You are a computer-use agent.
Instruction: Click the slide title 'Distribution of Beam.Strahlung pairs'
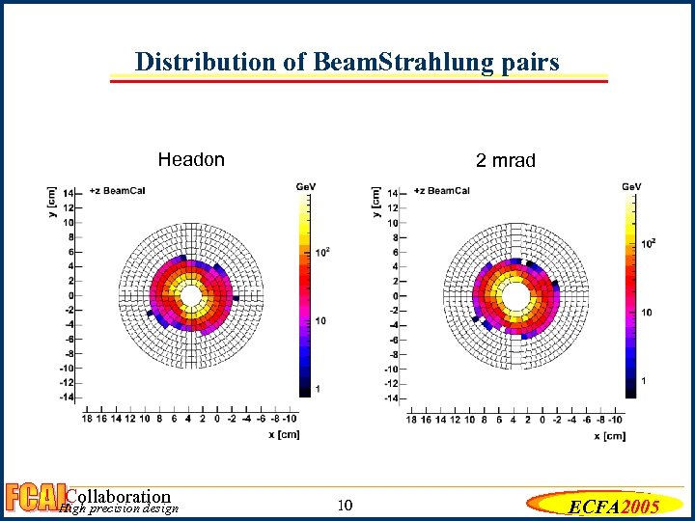(347, 63)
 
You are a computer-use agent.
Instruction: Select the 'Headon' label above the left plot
(191, 160)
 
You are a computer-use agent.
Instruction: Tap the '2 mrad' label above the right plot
(505, 161)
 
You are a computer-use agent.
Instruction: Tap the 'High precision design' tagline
(119, 509)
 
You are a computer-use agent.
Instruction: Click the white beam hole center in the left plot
(191, 295)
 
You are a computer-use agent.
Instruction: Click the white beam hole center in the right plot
(516, 295)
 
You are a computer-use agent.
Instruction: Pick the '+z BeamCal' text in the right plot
(441, 190)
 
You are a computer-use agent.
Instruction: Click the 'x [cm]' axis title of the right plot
(609, 436)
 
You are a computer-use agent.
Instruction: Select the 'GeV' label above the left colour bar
(306, 185)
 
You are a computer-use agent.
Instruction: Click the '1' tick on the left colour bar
(320, 387)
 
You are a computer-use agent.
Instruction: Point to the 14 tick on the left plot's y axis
(68, 193)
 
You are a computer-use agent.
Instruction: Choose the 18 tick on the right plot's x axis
(412, 420)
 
